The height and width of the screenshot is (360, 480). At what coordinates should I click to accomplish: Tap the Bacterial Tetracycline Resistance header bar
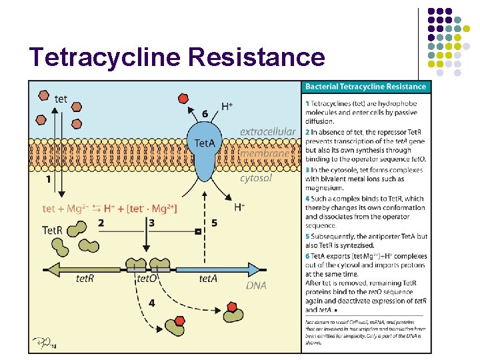365,87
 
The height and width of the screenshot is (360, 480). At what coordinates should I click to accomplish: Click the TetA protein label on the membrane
205,143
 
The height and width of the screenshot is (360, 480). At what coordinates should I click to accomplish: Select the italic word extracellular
267,132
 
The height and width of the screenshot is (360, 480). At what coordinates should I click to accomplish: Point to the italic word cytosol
256,178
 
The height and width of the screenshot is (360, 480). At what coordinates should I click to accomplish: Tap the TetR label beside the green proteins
53,230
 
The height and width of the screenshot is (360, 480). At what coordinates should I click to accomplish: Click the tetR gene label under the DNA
85,279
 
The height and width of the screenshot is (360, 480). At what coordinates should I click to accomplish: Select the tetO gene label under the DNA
147,279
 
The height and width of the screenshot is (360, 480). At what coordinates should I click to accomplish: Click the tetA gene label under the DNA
208,279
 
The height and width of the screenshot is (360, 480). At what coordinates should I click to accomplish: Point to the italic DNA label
256,285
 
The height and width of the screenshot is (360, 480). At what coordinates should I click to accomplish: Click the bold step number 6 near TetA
205,114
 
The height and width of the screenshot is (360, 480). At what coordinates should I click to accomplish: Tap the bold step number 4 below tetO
152,303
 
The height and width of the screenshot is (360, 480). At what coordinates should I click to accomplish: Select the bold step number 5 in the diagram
214,223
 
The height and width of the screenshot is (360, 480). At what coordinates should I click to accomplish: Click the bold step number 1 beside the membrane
47,179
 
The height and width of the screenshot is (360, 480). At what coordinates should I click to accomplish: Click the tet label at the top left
61,99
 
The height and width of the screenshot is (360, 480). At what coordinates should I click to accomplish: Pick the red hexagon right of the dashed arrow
232,307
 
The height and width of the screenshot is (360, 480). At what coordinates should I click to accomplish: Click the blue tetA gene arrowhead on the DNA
255,269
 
